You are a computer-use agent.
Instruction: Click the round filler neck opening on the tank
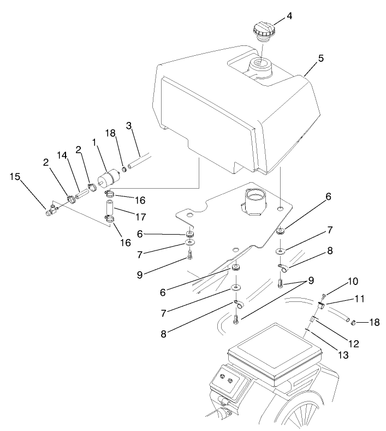click(x=261, y=67)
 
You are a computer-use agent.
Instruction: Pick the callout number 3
click(x=129, y=126)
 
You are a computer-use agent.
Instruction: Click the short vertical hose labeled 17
click(x=111, y=208)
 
